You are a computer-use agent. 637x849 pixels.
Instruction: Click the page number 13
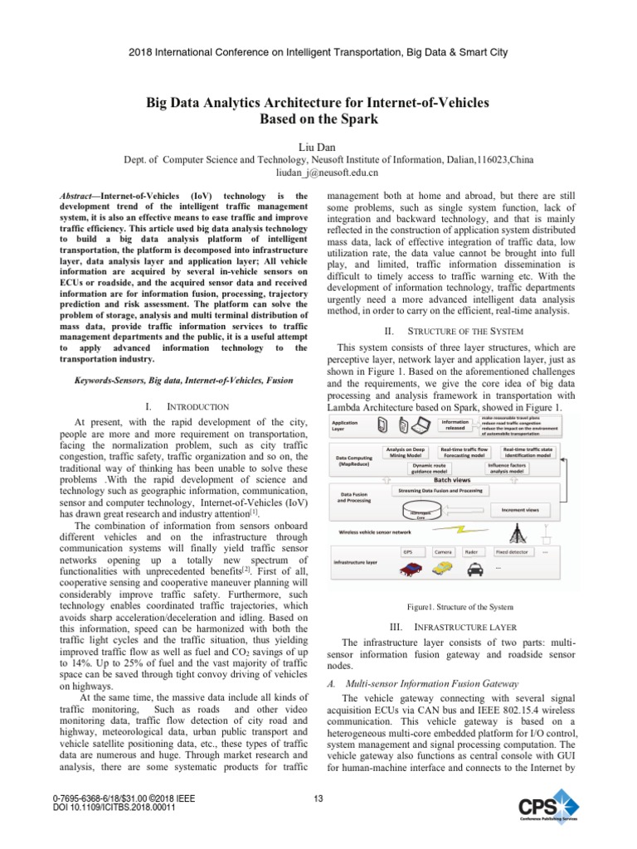318,798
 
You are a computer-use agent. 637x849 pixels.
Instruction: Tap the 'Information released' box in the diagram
455,425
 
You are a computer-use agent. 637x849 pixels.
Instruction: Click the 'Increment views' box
520,509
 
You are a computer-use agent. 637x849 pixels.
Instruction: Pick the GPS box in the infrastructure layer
408,551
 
